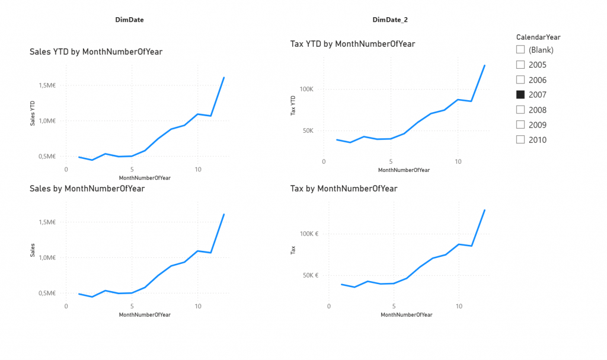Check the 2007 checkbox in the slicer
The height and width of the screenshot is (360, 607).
[x=520, y=95]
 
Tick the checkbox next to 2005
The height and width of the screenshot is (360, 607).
[x=520, y=65]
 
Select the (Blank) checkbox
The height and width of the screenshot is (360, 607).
[x=520, y=50]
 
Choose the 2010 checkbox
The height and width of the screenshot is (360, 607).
[x=520, y=140]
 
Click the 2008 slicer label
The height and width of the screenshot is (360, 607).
[x=538, y=110]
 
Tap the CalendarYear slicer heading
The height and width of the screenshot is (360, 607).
[x=538, y=37]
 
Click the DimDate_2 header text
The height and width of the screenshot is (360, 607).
[x=390, y=20]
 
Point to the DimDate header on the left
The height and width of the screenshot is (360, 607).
[x=129, y=20]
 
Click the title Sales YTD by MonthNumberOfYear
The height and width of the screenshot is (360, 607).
[x=96, y=52]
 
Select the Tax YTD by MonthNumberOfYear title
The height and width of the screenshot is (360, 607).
[x=353, y=44]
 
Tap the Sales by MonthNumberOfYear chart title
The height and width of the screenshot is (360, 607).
[x=87, y=189]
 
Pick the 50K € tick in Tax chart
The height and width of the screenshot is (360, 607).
[x=309, y=275]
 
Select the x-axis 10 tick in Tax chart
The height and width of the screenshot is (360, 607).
[x=458, y=306]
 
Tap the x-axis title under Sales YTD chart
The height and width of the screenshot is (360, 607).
[x=145, y=178]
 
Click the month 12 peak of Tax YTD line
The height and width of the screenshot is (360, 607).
[x=485, y=65]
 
